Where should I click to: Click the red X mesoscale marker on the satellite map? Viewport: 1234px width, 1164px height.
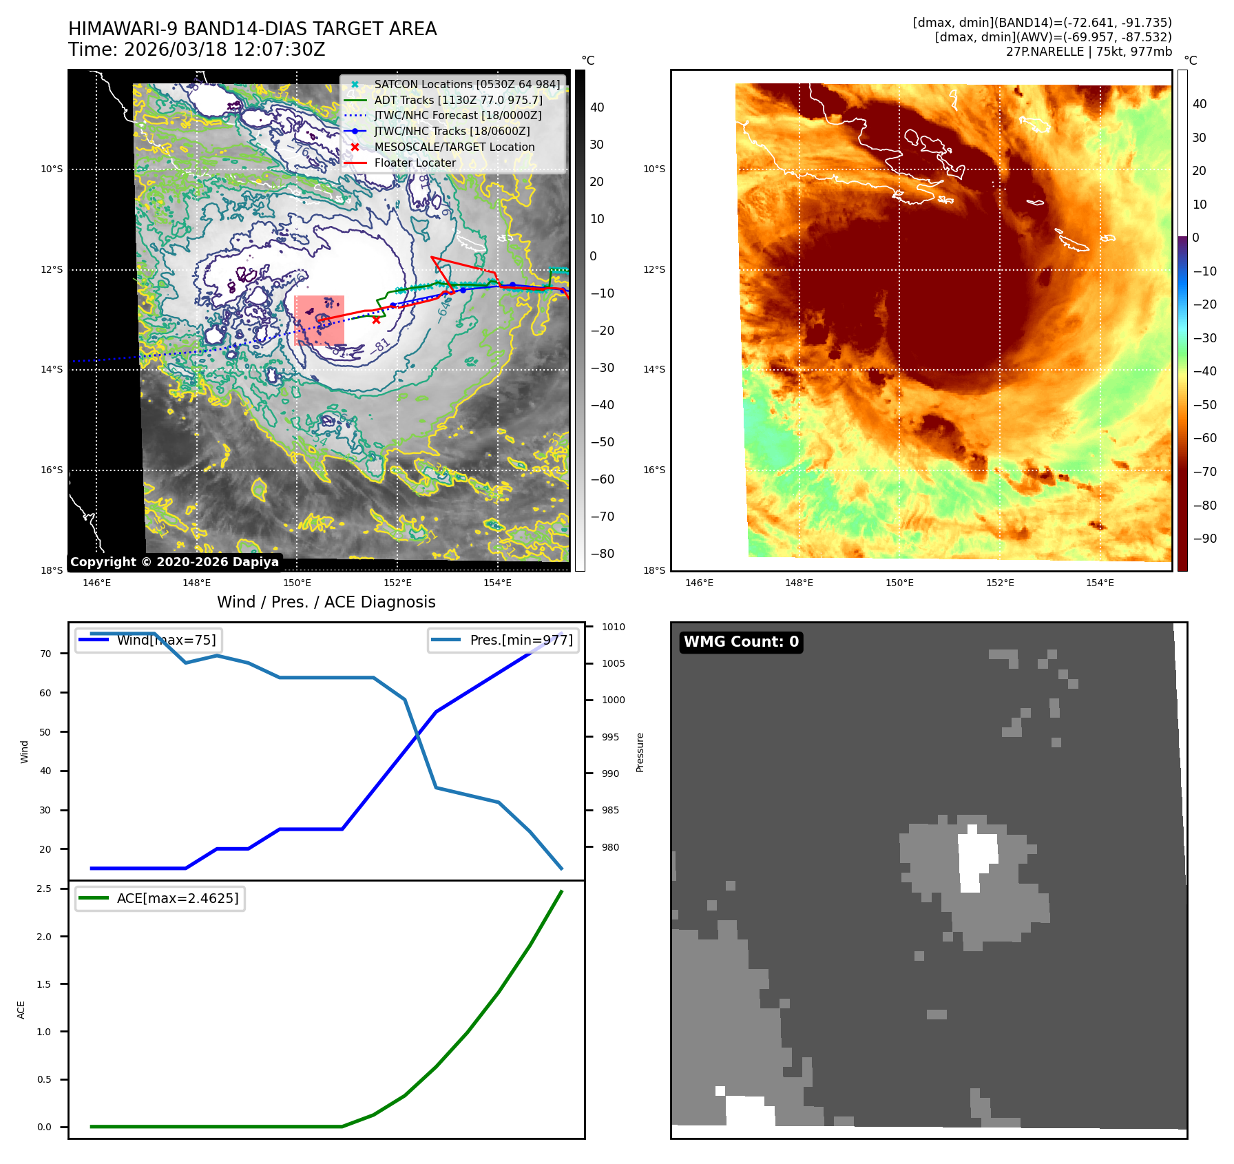click(x=376, y=320)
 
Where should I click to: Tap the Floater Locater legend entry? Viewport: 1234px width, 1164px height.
click(x=415, y=163)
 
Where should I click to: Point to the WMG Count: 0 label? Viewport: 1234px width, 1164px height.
click(x=741, y=642)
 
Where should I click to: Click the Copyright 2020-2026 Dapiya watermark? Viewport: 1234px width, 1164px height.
click(x=174, y=562)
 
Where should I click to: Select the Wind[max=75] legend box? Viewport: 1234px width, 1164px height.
click(x=149, y=640)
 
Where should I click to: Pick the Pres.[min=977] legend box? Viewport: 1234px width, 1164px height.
click(x=503, y=640)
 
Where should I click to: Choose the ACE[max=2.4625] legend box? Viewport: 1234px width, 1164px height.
click(x=160, y=898)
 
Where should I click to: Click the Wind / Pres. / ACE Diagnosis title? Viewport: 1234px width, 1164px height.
click(x=326, y=602)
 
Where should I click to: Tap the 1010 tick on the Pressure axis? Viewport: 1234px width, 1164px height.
click(x=613, y=627)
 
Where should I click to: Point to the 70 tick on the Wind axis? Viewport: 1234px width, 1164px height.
click(x=45, y=654)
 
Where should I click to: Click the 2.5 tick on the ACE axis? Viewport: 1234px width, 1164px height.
click(x=44, y=888)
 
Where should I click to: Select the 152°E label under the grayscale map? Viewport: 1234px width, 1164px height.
click(x=397, y=583)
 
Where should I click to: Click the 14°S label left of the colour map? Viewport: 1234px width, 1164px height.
click(x=654, y=369)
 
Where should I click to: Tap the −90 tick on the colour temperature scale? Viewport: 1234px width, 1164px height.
click(x=1204, y=539)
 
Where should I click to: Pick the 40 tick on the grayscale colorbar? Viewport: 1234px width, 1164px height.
click(x=597, y=107)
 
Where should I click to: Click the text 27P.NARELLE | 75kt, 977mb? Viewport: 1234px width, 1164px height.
click(x=1088, y=52)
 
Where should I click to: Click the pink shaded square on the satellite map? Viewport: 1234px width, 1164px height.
click(x=319, y=321)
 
